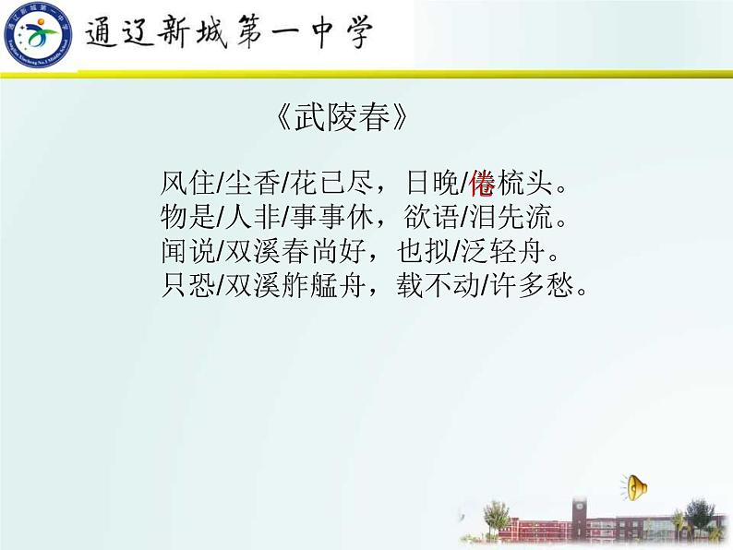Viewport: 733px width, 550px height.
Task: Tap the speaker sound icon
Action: tap(636, 486)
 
